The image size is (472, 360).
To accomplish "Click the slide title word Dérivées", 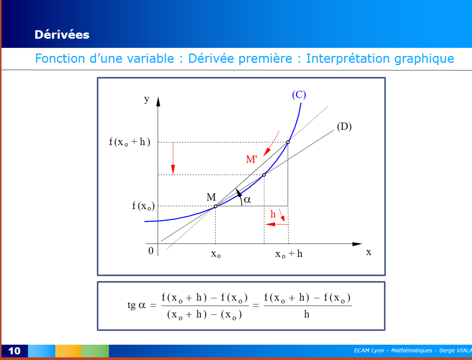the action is point(62,34).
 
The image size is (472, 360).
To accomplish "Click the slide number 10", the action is point(14,351).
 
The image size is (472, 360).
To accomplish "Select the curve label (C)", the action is point(299,95).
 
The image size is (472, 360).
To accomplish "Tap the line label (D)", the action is point(344,126).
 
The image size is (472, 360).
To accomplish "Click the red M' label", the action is point(251,159).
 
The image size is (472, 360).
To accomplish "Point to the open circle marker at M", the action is point(215,206).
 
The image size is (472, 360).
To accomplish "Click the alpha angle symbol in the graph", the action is point(247,200).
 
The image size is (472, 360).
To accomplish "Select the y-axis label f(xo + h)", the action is point(129,142).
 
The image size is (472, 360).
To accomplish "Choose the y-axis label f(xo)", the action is point(143,206).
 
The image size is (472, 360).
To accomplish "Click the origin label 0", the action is point(151,251).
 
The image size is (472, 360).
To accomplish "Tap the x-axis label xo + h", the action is point(289,254).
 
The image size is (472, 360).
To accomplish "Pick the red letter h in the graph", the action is point(273,214).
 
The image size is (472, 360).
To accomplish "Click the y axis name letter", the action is point(147,99).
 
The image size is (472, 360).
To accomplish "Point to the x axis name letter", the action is point(369,252).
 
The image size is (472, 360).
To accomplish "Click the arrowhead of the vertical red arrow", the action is point(173,169).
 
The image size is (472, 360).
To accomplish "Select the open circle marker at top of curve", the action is point(288,142).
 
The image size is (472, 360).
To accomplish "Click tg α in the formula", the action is point(136,305).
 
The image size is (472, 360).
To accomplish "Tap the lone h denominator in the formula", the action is point(306,314).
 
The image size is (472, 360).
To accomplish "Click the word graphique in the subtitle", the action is point(424,59).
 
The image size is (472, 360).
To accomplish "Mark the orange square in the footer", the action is point(68,351).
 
